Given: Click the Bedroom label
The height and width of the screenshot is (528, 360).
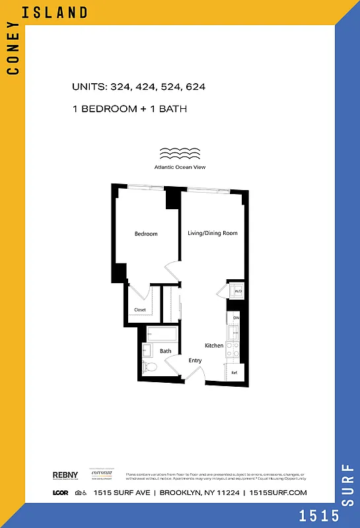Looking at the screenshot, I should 146,234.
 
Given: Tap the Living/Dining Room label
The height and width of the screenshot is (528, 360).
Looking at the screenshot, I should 212,233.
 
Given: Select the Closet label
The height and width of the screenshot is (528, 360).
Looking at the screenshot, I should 140,310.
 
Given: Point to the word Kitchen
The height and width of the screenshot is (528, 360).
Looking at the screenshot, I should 213,346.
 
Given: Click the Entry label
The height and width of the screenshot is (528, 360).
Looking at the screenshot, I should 195,360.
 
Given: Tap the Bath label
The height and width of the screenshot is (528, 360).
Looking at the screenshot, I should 165,351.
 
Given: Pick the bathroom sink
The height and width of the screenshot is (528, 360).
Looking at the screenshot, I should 147,350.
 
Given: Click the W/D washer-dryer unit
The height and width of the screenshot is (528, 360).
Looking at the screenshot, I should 238,290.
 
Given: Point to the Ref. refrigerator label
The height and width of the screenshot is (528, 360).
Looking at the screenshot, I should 234,373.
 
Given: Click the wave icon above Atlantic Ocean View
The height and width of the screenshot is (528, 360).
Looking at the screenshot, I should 180,154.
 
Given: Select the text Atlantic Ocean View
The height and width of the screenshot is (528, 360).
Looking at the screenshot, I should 180,167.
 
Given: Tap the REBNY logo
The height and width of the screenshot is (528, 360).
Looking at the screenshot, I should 65,475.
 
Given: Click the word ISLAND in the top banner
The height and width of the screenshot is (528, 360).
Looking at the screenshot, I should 63,13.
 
